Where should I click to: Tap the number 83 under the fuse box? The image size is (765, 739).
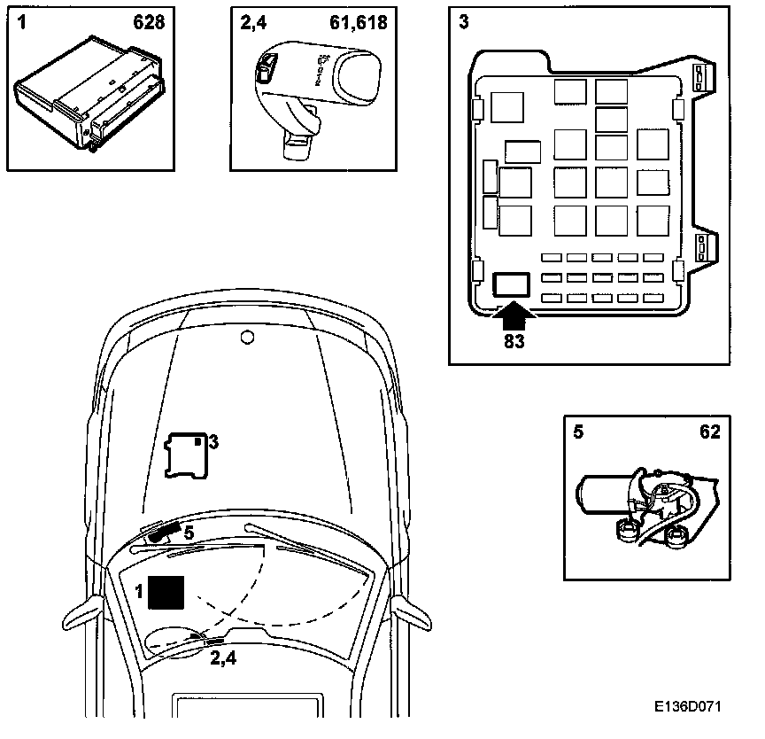pyautogui.click(x=513, y=340)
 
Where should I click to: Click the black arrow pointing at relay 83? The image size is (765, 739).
pyautogui.click(x=513, y=311)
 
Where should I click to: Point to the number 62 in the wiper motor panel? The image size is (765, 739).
pyautogui.click(x=709, y=432)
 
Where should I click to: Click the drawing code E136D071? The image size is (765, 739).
pyautogui.click(x=688, y=708)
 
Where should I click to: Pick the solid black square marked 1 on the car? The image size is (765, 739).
pyautogui.click(x=166, y=591)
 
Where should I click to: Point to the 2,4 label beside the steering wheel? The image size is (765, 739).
pyautogui.click(x=223, y=657)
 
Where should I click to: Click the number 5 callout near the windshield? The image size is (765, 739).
pyautogui.click(x=188, y=533)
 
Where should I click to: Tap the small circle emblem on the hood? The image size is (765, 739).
pyautogui.click(x=248, y=336)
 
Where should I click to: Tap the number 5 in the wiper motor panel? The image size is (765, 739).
pyautogui.click(x=578, y=432)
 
